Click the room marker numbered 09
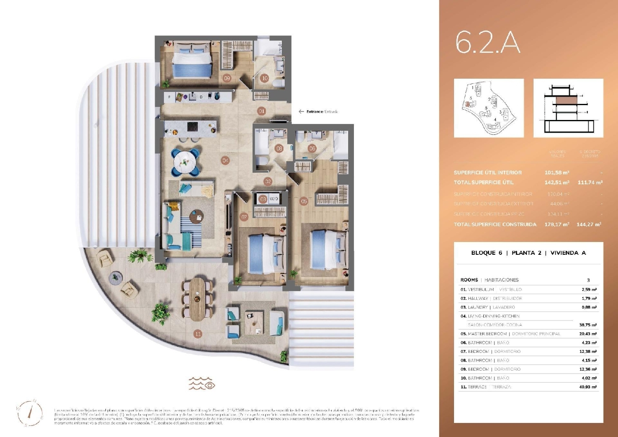tap(227, 78)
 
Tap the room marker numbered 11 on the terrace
tap(198, 334)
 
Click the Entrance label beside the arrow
tap(315, 112)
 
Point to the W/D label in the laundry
tap(274, 199)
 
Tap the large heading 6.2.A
tap(488, 42)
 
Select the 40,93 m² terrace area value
tap(588, 387)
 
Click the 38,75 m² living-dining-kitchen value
tap(588, 325)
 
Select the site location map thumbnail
tap(489, 108)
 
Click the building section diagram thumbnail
tap(568, 108)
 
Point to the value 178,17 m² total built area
tap(557, 225)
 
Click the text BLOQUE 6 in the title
tap(487, 253)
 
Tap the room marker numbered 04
tap(225, 160)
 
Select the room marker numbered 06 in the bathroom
tap(312, 148)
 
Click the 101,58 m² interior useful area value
tap(557, 173)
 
